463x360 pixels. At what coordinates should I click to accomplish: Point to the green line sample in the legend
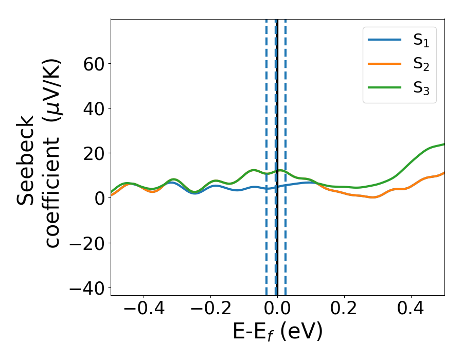point(384,88)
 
